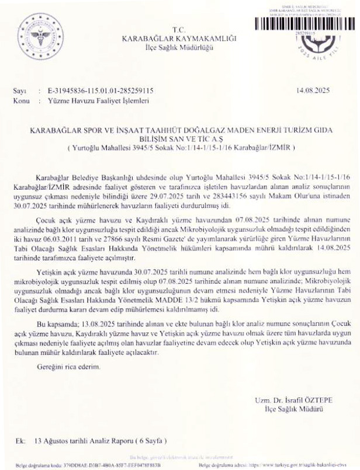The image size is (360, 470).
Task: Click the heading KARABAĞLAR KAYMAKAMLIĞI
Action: coord(179,38)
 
